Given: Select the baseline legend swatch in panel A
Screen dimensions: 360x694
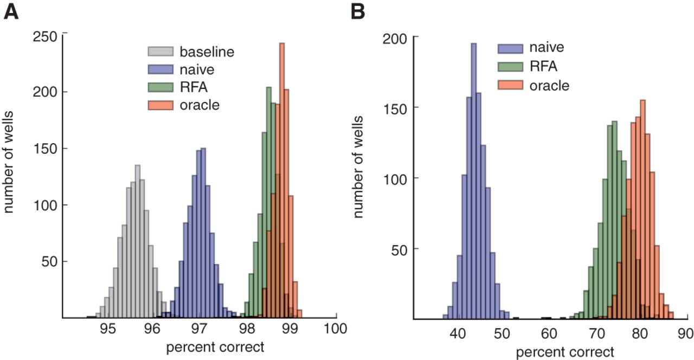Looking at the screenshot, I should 160,53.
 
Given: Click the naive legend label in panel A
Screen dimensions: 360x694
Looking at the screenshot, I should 197,69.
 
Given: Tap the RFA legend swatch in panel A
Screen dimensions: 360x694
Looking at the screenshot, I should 160,87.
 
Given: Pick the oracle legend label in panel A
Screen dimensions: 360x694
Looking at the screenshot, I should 200,104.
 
